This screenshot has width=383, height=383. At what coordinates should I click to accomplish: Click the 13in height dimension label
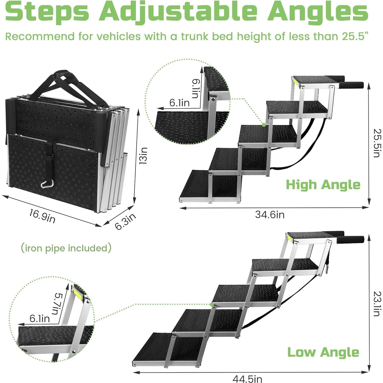coord(144,156)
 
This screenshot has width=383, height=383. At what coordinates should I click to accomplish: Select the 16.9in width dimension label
coord(42,216)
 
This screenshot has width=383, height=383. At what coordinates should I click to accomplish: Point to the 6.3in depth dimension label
coord(125,222)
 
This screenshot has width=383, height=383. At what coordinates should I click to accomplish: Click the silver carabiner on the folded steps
coord(47,183)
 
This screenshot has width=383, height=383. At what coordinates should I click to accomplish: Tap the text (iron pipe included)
coord(66,248)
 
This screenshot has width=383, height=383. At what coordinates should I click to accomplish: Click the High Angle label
coord(323,185)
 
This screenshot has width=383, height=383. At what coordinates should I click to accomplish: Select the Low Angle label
coord(323,352)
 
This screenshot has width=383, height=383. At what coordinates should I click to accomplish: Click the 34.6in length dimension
coord(270,215)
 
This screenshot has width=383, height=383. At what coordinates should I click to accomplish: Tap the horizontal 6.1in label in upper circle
coord(179,103)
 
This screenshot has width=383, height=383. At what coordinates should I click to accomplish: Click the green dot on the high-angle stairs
coord(263,125)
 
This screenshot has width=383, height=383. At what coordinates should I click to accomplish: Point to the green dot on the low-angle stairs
coord(212,304)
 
